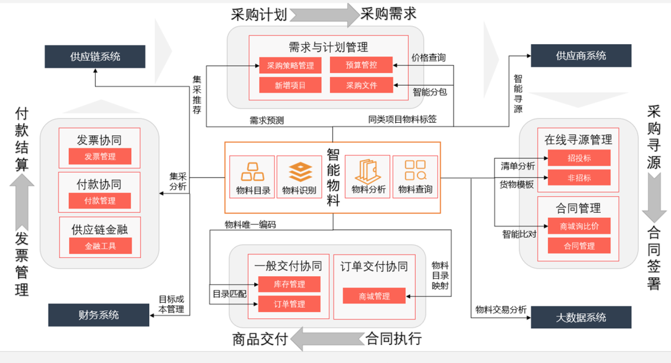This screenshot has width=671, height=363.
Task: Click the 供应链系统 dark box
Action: click(95, 56)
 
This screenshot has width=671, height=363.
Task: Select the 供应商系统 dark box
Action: click(581, 56)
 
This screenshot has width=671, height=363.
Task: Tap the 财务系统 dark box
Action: click(99, 315)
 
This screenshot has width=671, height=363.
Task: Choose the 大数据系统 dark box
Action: click(581, 317)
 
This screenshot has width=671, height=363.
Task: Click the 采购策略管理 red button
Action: click(290, 65)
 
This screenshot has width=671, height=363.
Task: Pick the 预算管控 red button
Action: click(361, 65)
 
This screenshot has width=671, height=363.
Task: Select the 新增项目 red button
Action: click(290, 85)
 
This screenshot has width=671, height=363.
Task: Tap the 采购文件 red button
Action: click(361, 85)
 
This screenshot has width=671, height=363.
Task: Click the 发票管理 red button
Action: click(100, 156)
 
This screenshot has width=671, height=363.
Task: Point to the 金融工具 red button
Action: click(100, 246)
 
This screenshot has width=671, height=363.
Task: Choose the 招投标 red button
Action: click(579, 158)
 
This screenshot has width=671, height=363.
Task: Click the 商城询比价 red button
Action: click(579, 226)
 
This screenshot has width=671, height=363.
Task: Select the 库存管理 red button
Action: click(289, 284)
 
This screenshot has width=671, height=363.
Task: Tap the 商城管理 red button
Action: click(374, 296)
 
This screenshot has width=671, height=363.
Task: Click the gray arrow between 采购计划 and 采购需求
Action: click(324, 14)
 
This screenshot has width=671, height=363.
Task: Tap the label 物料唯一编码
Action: click(250, 225)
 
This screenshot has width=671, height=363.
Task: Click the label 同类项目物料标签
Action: click(402, 119)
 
